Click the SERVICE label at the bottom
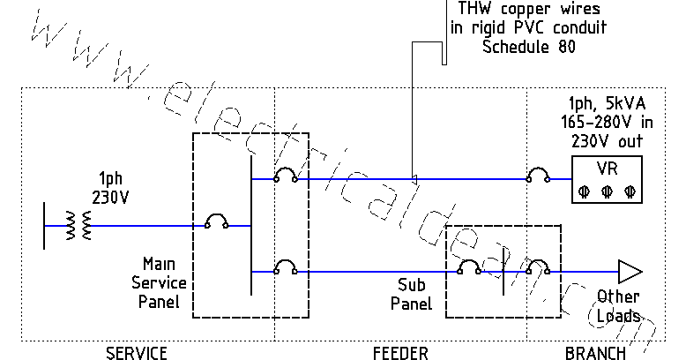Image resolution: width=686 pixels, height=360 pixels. point(136,353)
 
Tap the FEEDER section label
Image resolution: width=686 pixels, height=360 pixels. point(400,353)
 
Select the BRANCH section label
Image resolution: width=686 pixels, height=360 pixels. point(594,353)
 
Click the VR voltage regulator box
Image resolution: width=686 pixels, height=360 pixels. point(605,179)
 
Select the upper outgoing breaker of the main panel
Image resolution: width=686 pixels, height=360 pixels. point(284,176)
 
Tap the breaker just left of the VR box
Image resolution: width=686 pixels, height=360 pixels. point(538,176)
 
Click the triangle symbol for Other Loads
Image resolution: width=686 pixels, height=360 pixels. point(629,271)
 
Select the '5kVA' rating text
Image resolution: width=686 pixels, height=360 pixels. point(622,104)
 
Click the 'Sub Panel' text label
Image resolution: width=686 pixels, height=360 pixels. point(414,296)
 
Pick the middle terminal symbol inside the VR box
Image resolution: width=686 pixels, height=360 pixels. point(605,191)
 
